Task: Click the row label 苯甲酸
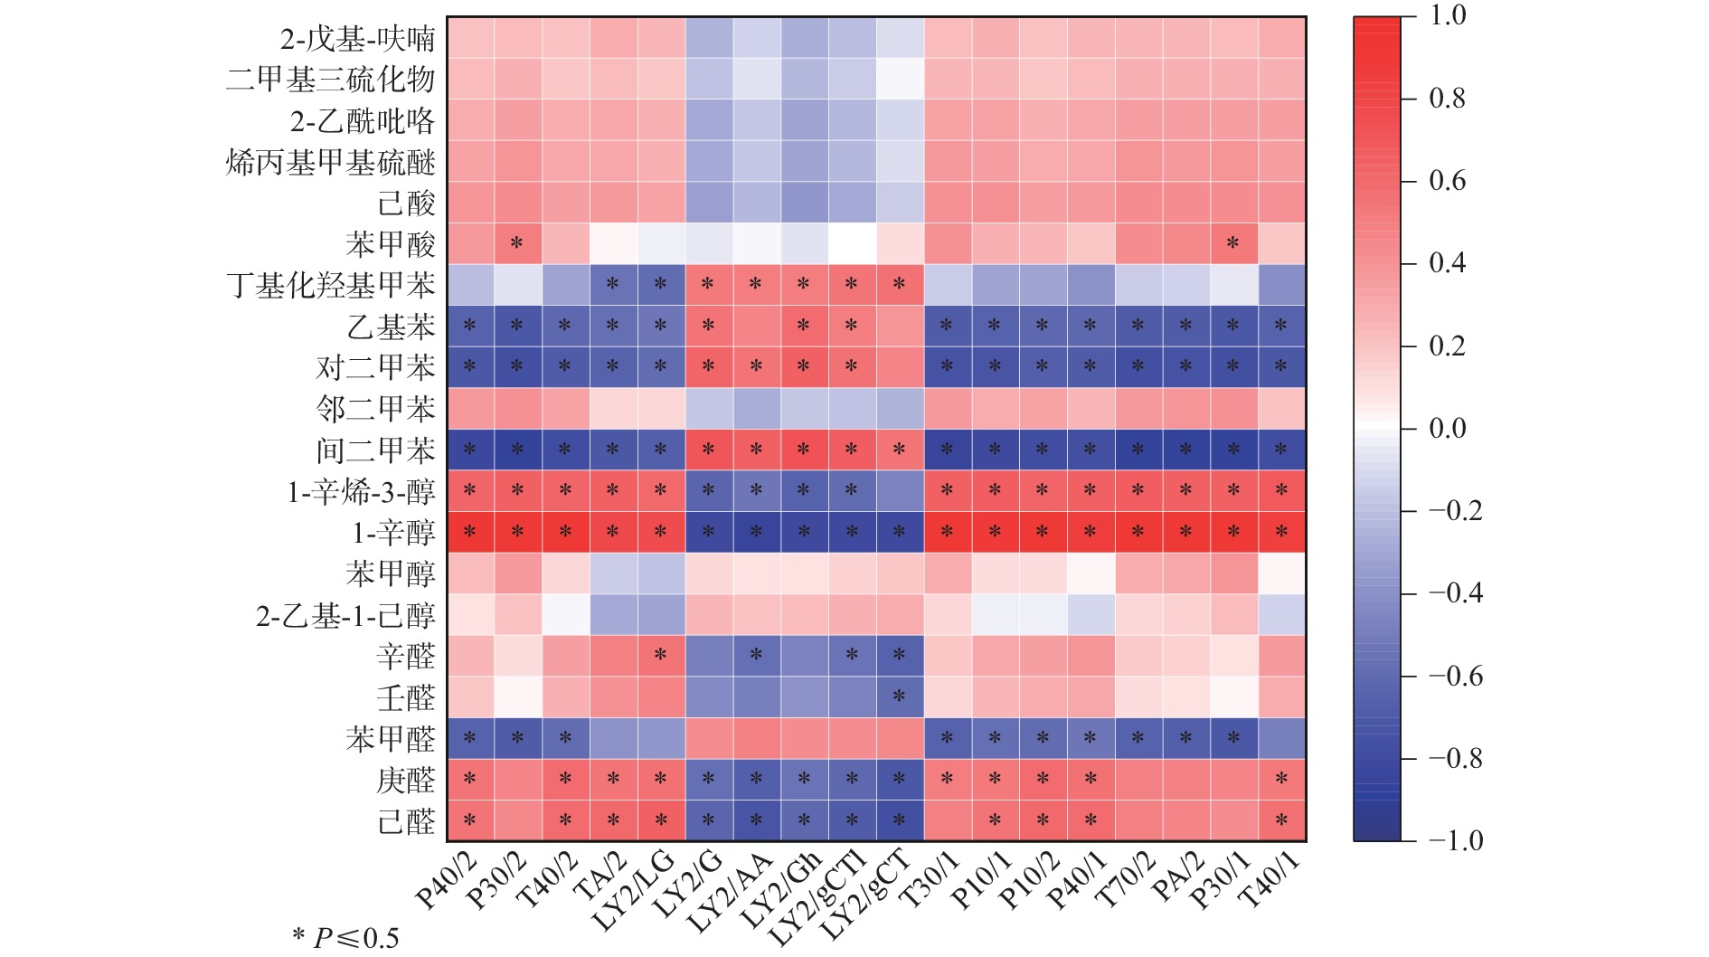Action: tap(390, 244)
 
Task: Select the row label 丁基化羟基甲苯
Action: tap(331, 286)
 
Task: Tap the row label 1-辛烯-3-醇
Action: tap(361, 492)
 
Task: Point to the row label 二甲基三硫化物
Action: tap(331, 80)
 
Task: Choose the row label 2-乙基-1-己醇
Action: tap(345, 616)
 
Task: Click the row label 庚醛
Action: tap(405, 781)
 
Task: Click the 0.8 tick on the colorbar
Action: tap(1447, 98)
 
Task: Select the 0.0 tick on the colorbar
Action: tap(1447, 428)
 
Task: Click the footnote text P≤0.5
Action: tap(356, 938)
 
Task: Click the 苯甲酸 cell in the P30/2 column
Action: tap(517, 244)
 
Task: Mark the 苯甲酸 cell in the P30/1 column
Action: tap(1232, 244)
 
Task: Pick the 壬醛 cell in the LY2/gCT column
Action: tap(899, 697)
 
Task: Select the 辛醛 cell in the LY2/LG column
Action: tap(660, 656)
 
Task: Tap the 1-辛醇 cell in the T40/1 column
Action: tap(1280, 533)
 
